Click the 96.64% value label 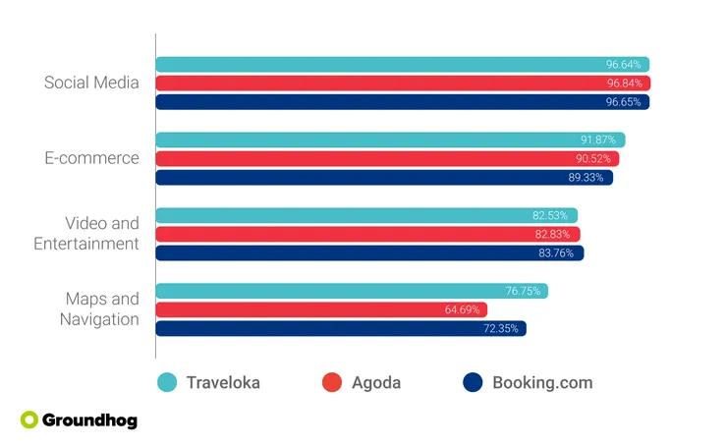(623, 65)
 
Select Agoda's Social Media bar (393, 84)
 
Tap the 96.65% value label (623, 102)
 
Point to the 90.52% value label (594, 159)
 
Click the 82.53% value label (551, 215)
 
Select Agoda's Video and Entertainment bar (363, 234)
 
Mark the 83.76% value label (557, 253)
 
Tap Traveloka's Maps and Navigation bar (344, 291)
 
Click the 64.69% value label (461, 310)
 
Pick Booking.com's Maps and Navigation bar (334, 328)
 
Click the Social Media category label (91, 83)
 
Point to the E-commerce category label (91, 158)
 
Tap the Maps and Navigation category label (99, 308)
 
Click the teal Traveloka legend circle (168, 383)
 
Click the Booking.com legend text (542, 383)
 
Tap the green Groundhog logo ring (29, 420)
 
